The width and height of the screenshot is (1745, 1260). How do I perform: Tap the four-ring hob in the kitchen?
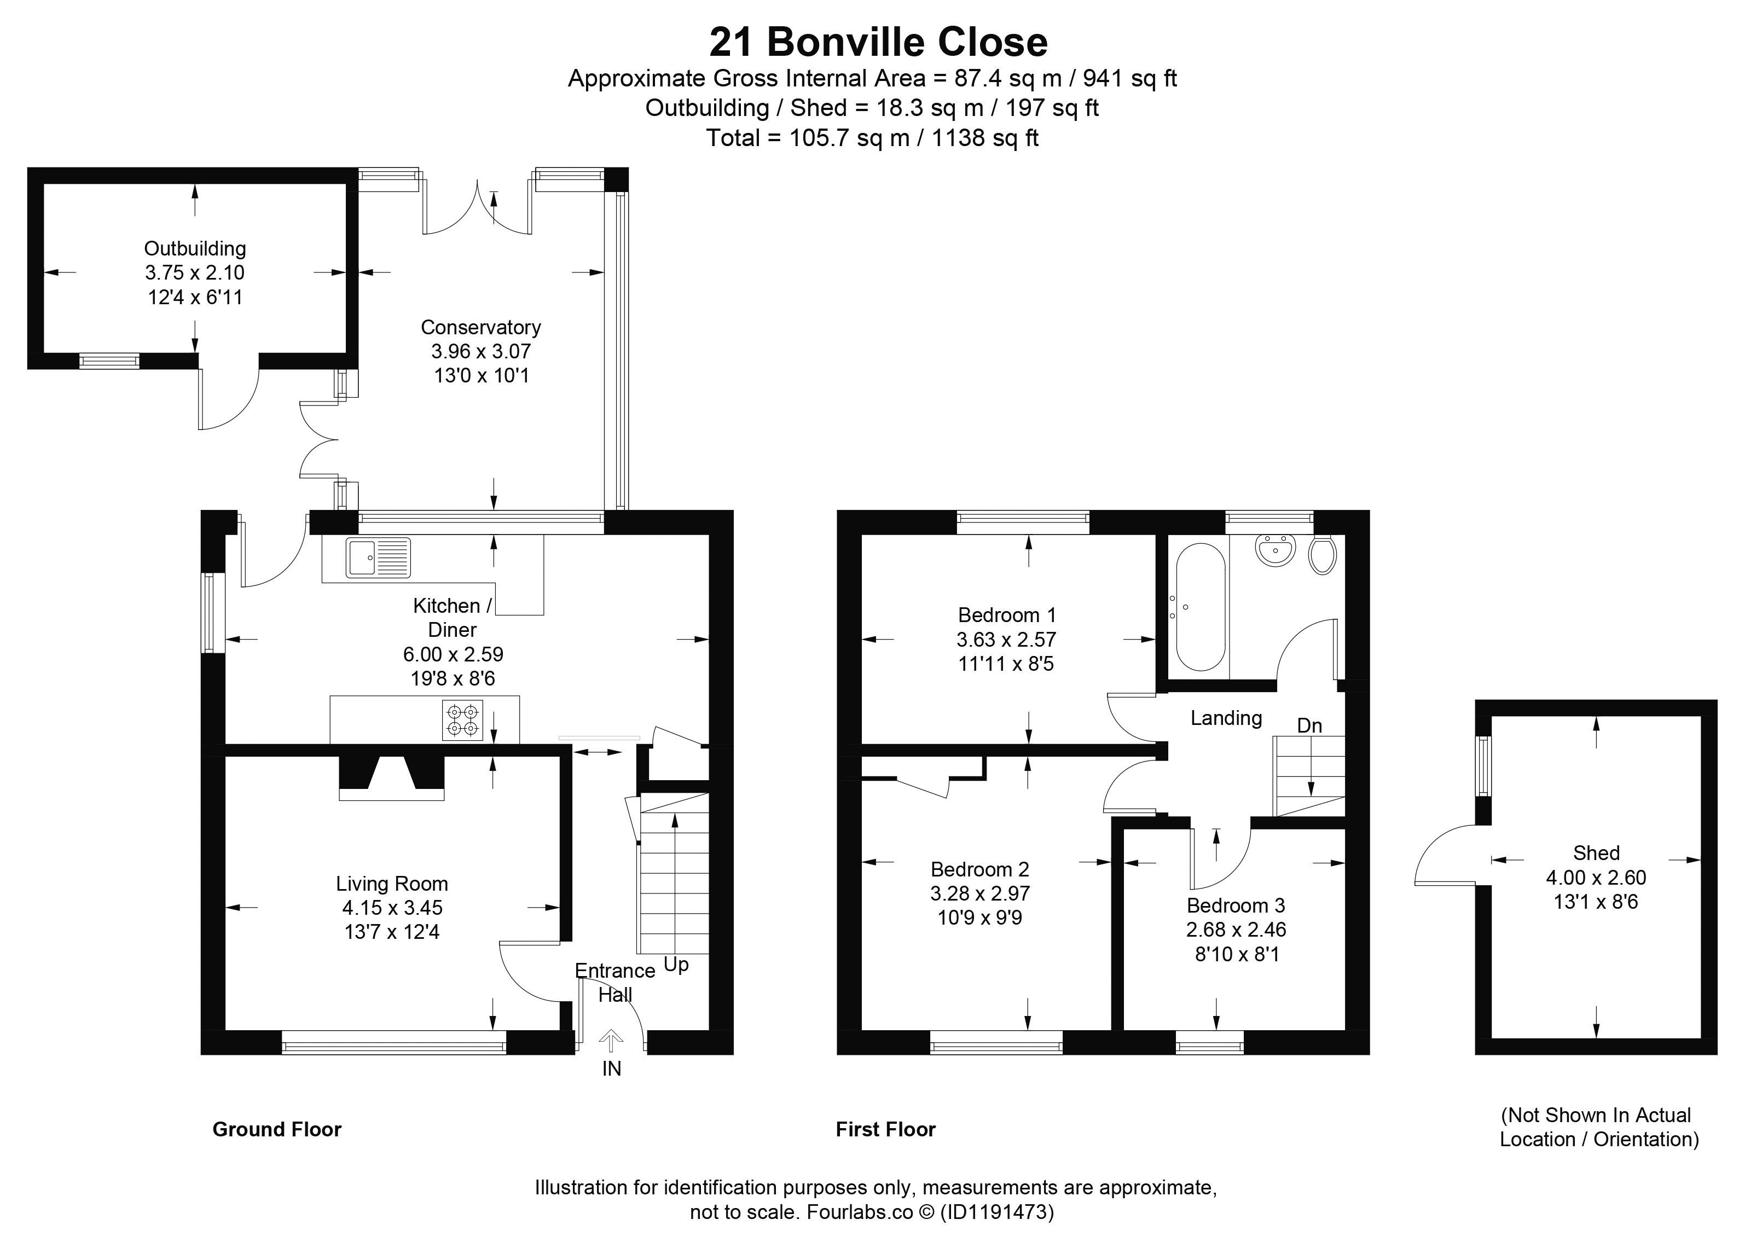coord(462,720)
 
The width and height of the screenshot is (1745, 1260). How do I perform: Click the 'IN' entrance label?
coord(612,1069)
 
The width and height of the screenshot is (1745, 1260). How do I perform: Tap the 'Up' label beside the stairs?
coord(676,965)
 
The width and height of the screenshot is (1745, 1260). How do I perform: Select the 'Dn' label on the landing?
coord(1309,725)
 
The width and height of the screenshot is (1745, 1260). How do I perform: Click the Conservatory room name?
coord(481,327)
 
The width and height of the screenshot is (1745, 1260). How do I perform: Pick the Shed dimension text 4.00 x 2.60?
coord(1597,877)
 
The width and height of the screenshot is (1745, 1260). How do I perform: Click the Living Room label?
coord(392,884)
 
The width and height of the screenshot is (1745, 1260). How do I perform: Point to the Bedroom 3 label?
coord(1236,905)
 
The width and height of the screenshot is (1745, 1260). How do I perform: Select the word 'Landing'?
coord(1226,718)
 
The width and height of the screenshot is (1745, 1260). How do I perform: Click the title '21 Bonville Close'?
coord(878,42)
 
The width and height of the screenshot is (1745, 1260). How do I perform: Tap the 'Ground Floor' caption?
coord(277,1129)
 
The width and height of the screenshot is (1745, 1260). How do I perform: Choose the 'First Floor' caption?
coord(885,1129)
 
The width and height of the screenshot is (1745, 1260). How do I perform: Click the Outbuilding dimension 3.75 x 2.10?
coord(195,272)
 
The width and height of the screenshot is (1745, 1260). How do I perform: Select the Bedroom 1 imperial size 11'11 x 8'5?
coord(1006,663)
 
